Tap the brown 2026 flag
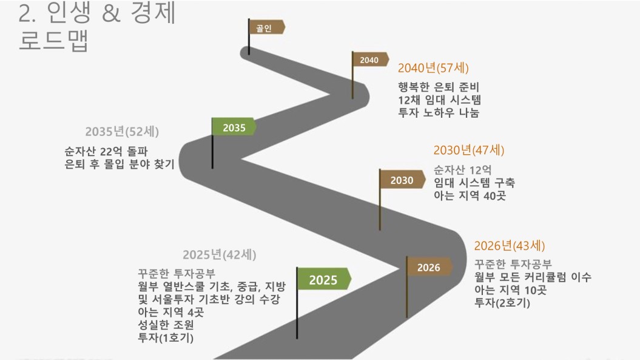[x=429, y=267]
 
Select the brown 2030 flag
[x=402, y=180]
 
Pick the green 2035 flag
[x=234, y=127]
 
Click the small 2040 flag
[x=369, y=60]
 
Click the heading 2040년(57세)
[x=434, y=68]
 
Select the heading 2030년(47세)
[x=469, y=150]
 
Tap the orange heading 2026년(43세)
[x=510, y=246]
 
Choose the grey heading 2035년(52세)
[x=122, y=132]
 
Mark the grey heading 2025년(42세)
[x=220, y=254]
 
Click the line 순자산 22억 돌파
[x=106, y=152]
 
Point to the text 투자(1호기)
[x=166, y=338]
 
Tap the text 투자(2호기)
[x=502, y=303]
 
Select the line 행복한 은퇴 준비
[x=439, y=87]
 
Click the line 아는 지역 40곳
[x=470, y=195]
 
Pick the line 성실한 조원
[x=166, y=325]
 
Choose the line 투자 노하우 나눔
[x=439, y=112]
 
